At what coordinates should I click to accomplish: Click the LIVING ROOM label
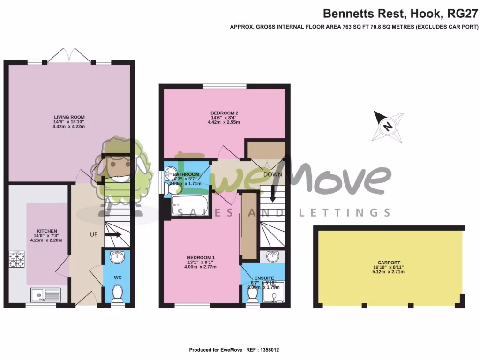point(69,117)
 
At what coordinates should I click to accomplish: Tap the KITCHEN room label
point(47,231)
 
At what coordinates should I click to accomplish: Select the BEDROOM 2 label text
point(225,113)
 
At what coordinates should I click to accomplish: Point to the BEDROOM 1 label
point(201,257)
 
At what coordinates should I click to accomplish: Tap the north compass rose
point(388,126)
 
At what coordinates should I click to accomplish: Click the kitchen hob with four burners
point(16,260)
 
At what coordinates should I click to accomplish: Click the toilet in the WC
point(118,294)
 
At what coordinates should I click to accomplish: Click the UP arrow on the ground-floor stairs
point(113,234)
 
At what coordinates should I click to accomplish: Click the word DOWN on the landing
point(272,174)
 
